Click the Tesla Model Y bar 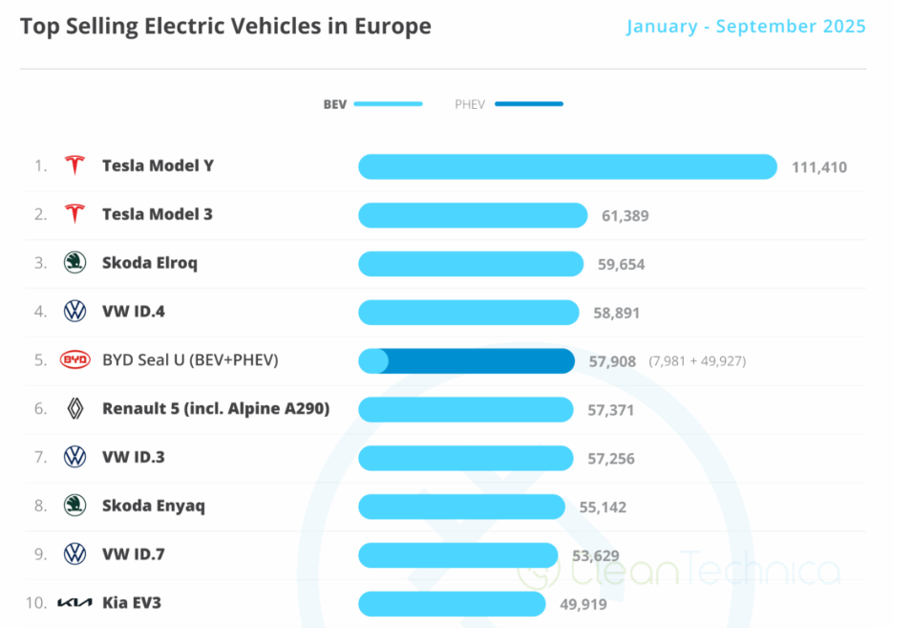click(x=567, y=166)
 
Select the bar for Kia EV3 click(x=452, y=604)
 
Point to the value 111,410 click(x=818, y=167)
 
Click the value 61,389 click(x=625, y=216)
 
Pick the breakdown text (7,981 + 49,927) click(x=697, y=361)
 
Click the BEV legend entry click(x=372, y=104)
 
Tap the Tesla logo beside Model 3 click(x=74, y=214)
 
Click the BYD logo click(x=74, y=360)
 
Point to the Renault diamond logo click(x=74, y=409)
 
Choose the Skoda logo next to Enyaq click(x=74, y=506)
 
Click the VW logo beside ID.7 click(x=74, y=554)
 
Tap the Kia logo click(x=74, y=603)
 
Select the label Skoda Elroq click(x=150, y=263)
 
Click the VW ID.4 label click(x=134, y=312)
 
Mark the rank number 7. click(x=40, y=458)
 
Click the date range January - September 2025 click(x=746, y=26)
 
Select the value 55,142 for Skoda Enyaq click(x=603, y=507)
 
